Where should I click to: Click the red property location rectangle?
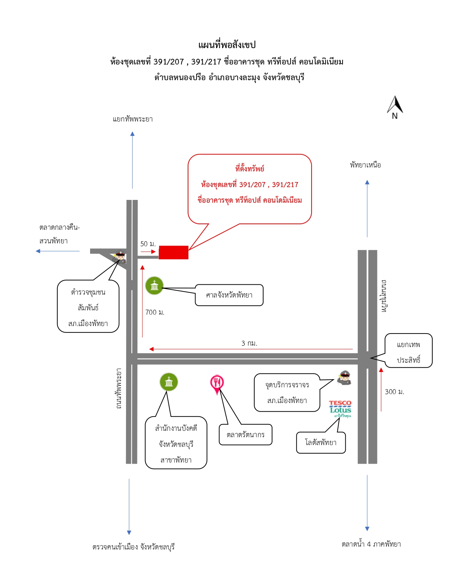(x=173, y=252)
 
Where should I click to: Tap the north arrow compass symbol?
(x=395, y=107)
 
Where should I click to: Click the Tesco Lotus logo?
(x=340, y=409)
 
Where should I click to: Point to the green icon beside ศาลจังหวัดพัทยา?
(x=154, y=285)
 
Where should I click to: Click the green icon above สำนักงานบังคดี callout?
(x=169, y=382)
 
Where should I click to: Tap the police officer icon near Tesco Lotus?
(x=344, y=377)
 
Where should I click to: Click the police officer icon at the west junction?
(x=120, y=257)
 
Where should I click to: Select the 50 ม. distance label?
(x=148, y=244)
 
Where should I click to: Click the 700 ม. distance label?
(x=155, y=312)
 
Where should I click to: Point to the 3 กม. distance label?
(x=249, y=343)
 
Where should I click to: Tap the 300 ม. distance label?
(x=395, y=392)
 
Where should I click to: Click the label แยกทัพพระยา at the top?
(x=133, y=119)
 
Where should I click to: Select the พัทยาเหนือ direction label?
(x=365, y=165)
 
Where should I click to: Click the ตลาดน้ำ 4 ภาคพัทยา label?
(x=371, y=544)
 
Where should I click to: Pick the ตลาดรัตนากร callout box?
(x=245, y=434)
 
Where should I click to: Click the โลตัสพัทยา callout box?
(x=321, y=442)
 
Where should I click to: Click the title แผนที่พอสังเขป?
(x=227, y=45)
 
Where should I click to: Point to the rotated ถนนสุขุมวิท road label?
(x=383, y=296)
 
